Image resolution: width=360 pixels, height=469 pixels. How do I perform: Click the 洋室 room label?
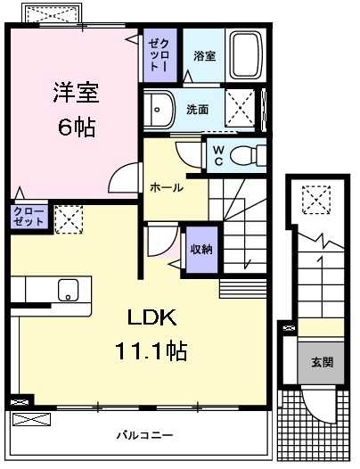[x=75, y=91]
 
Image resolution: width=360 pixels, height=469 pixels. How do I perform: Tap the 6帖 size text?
[x=75, y=125]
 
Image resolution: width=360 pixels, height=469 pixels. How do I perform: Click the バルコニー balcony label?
[x=143, y=435]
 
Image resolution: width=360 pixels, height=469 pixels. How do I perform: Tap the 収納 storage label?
[x=201, y=249]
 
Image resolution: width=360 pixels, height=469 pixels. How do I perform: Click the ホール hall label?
[x=167, y=187]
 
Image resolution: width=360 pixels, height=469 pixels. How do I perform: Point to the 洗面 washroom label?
[x=198, y=110]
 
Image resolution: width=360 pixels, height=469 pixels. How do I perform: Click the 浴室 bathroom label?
[x=204, y=55]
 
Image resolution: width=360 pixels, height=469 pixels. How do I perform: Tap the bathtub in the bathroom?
[x=244, y=55]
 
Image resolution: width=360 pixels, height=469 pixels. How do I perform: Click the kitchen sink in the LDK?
[x=68, y=290]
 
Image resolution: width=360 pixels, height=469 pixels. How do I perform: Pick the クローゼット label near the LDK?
[x=29, y=217]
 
